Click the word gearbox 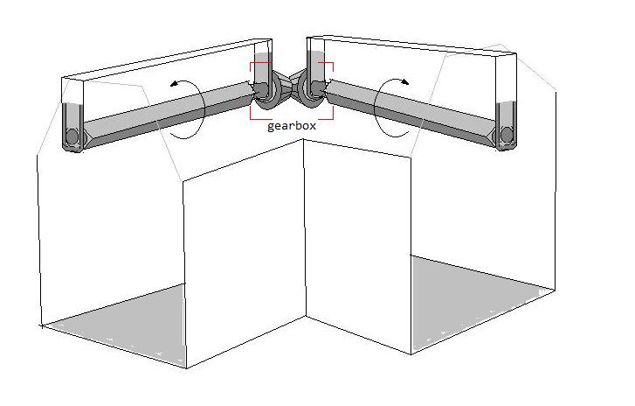click(291, 126)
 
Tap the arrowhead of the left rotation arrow click(175, 84)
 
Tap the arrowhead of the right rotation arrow click(404, 82)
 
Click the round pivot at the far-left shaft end click(72, 136)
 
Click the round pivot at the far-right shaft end click(507, 135)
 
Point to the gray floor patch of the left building click(121, 324)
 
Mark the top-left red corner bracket click(256, 66)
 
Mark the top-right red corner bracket click(328, 66)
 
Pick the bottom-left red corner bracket click(255, 115)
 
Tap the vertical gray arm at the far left click(72, 127)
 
